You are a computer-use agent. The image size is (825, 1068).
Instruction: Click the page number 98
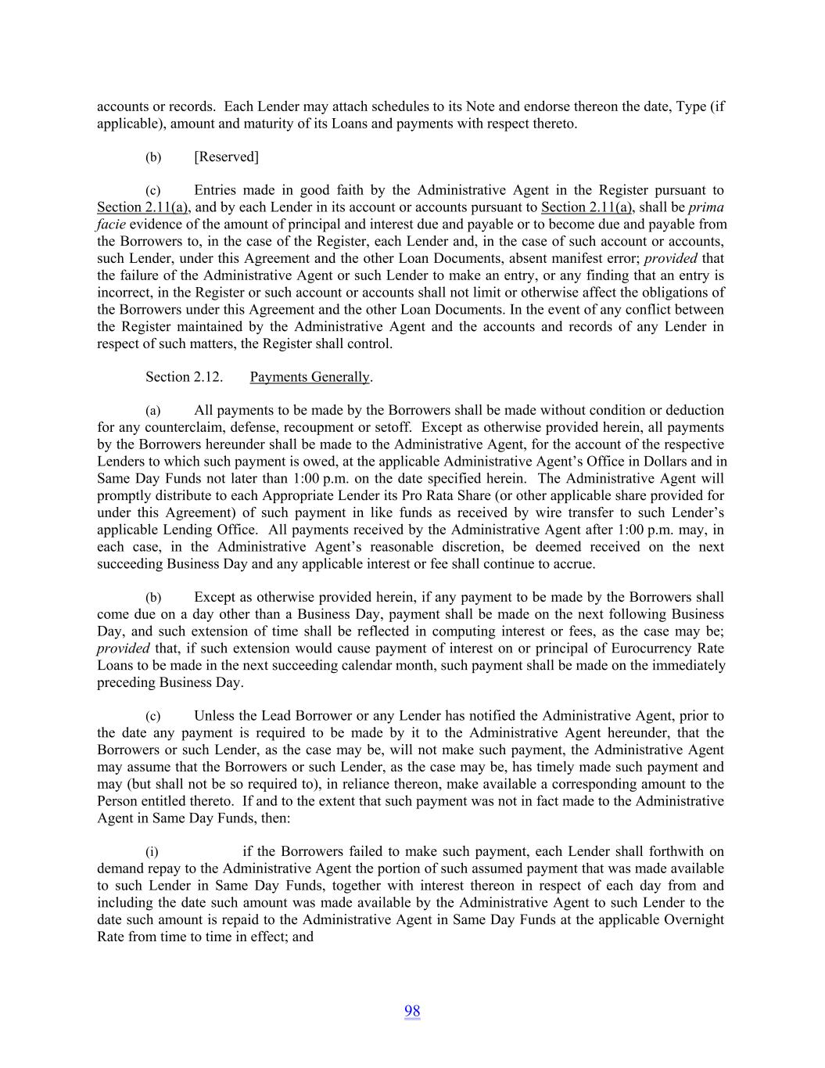pyautogui.click(x=412, y=1011)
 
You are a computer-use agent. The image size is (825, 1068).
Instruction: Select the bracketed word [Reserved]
pyautogui.click(x=226, y=156)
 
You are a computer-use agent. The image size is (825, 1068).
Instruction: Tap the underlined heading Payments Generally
pyautogui.click(x=310, y=377)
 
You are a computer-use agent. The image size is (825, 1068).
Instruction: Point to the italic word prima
pyautogui.click(x=705, y=207)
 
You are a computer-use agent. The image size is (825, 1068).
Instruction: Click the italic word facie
pyautogui.click(x=111, y=225)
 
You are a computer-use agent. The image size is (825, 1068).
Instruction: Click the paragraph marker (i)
pyautogui.click(x=152, y=852)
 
